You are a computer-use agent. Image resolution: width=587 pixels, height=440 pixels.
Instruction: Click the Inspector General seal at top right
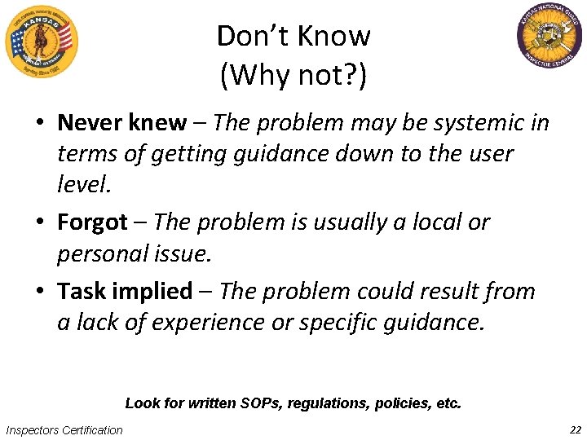[x=550, y=36]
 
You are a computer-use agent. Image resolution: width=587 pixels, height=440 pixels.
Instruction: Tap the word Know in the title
[x=336, y=36]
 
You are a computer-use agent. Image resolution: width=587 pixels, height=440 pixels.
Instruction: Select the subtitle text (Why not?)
[x=293, y=76]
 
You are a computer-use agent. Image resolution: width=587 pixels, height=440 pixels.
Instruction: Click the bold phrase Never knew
[x=121, y=123]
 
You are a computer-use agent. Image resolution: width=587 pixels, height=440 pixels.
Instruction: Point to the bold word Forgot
[x=92, y=222]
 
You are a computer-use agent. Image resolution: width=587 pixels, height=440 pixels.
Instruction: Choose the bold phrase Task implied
[x=125, y=291]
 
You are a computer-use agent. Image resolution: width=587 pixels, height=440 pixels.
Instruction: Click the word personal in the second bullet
[x=101, y=253]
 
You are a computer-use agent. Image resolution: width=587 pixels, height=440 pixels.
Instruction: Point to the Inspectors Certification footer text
[x=64, y=430]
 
